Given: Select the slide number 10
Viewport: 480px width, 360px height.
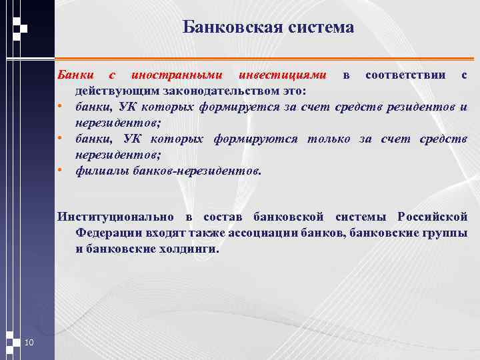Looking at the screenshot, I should (x=29, y=343).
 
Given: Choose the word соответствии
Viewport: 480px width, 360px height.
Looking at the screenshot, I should (x=406, y=75).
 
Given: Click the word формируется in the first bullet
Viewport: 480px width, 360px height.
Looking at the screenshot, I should (x=257, y=107).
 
